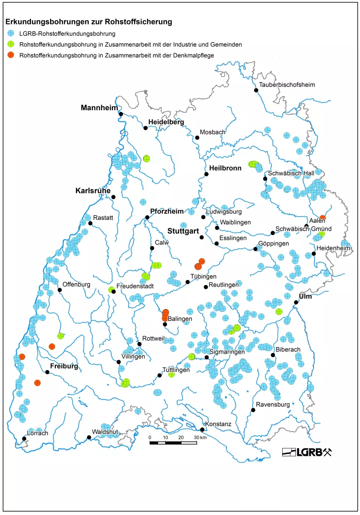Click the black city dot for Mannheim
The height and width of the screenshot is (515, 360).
pos(120,114)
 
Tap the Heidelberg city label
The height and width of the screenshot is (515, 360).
pos(166,122)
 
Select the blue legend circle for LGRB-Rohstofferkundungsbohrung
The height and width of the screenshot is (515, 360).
pos(11,34)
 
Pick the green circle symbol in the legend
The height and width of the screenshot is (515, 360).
pos(11,45)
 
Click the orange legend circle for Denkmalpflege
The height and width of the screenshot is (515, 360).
pos(11,55)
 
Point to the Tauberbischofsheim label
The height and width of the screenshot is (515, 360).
pos(287,85)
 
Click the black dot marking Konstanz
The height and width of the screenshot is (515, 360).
pos(202,430)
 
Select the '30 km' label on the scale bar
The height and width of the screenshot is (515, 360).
pos(200,437)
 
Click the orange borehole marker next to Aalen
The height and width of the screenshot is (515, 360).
pos(322,218)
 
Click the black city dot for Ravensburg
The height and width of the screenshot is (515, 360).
pos(253,410)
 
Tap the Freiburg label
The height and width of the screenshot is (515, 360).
pos(64,366)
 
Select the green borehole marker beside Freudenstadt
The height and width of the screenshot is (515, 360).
pos(111,289)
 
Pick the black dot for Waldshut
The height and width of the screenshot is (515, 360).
pos(89,438)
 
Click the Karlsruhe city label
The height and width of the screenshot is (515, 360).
pos(93,191)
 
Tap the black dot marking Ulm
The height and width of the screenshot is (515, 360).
pos(296,303)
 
